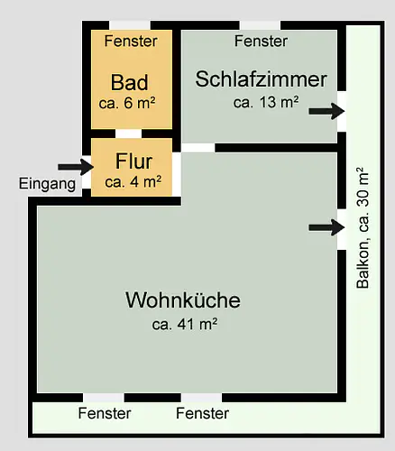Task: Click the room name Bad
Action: (130, 82)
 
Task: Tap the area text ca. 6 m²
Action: (127, 103)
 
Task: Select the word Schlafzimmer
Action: (261, 79)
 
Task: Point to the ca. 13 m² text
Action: (266, 102)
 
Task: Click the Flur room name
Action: (133, 161)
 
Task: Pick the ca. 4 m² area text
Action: (133, 182)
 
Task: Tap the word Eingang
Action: (47, 183)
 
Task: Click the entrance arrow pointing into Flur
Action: (76, 167)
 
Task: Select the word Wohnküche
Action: (183, 299)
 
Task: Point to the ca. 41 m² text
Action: (185, 324)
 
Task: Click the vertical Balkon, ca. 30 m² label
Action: (363, 227)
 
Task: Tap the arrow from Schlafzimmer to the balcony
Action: (326, 111)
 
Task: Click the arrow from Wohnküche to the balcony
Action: (326, 227)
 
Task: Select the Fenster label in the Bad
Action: (131, 41)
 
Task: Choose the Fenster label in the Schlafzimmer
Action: (261, 41)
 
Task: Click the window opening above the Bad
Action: (130, 25)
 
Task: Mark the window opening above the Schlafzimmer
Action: (260, 25)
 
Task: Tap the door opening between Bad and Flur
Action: (128, 133)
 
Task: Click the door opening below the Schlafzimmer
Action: (198, 148)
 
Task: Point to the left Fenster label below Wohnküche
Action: (105, 413)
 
